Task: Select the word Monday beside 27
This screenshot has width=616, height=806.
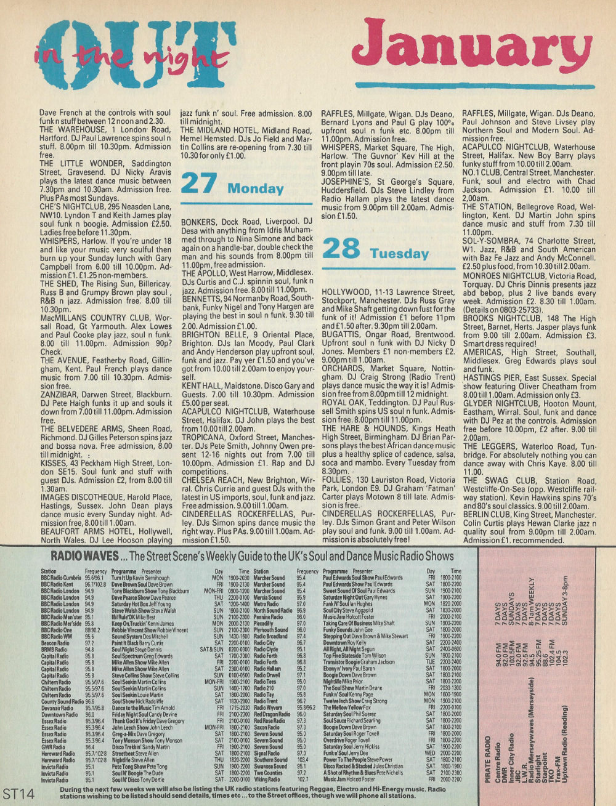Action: (x=256, y=188)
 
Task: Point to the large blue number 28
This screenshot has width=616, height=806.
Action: (x=341, y=249)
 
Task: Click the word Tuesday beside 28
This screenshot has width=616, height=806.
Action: (x=399, y=254)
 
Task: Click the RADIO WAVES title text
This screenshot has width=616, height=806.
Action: (x=84, y=556)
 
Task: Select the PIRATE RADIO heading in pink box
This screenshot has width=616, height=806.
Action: (x=488, y=760)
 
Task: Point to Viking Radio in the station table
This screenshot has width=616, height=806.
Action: (x=267, y=779)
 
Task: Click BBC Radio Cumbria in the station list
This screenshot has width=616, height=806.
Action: (x=61, y=578)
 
